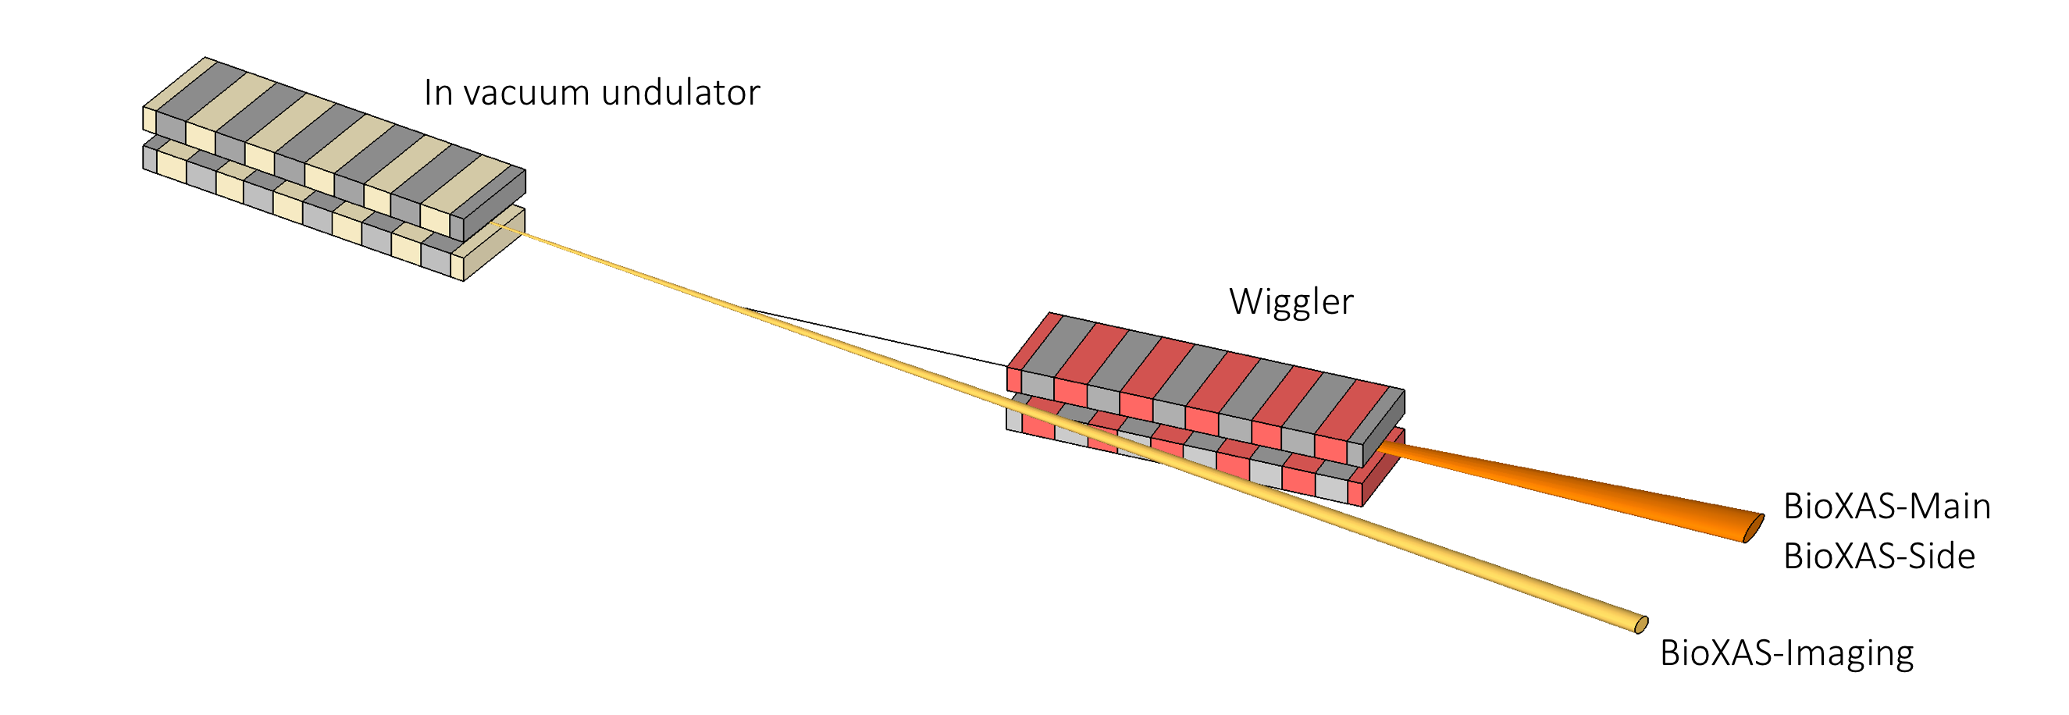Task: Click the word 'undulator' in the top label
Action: pyautogui.click(x=680, y=92)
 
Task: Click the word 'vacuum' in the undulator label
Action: pyautogui.click(x=527, y=94)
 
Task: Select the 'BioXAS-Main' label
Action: pyautogui.click(x=1886, y=507)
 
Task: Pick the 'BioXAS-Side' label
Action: pyautogui.click(x=1878, y=557)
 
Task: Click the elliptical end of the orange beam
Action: pyautogui.click(x=1754, y=528)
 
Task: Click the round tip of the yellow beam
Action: pyautogui.click(x=1643, y=624)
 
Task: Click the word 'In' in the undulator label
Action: pyautogui.click(x=438, y=93)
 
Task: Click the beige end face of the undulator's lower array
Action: pyautogui.click(x=495, y=244)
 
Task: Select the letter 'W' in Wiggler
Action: pyautogui.click(x=1248, y=302)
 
